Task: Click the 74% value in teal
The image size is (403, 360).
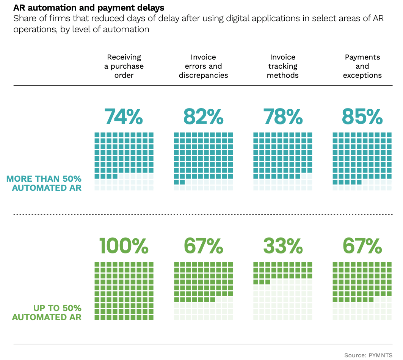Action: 124,116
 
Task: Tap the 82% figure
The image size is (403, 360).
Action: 203,116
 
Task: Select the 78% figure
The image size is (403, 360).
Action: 282,116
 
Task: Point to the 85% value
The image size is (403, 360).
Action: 362,116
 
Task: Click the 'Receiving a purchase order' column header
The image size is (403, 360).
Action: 124,66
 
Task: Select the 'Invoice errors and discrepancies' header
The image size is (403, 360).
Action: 203,66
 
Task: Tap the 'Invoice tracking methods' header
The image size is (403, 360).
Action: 282,66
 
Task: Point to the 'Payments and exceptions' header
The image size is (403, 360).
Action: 362,66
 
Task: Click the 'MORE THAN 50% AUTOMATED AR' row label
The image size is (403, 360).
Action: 44,183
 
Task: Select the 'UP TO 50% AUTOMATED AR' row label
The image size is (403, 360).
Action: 47,312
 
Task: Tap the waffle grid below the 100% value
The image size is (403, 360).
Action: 124,291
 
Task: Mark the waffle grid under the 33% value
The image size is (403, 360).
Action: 282,291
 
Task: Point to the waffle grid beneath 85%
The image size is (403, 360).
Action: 362,161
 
